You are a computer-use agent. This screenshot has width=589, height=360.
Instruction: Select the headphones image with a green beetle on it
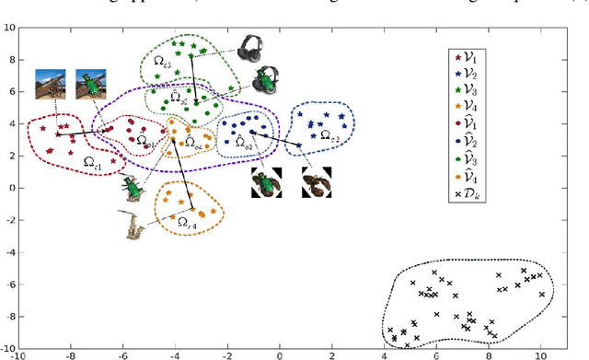[266, 80]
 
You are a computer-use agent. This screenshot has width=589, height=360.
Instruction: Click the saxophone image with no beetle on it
[135, 224]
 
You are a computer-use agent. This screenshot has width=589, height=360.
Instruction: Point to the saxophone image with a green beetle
[133, 188]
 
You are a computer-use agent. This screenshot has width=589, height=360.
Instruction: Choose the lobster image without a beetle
[317, 182]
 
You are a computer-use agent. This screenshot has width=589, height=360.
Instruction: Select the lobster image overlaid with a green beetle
[268, 181]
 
